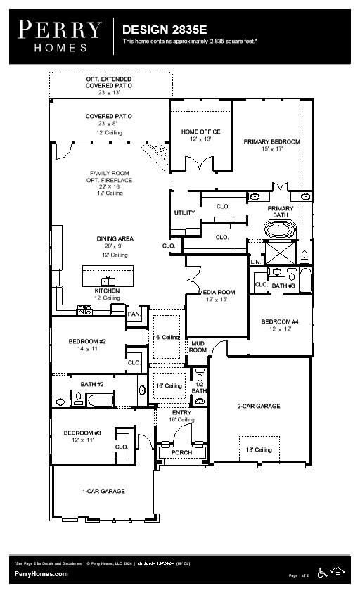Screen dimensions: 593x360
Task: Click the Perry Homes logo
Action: (60, 35)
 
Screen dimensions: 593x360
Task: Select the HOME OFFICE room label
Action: (200, 132)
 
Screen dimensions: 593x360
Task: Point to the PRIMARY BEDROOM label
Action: (271, 141)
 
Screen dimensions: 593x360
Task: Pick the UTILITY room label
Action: (185, 212)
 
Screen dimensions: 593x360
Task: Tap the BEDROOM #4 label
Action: (280, 322)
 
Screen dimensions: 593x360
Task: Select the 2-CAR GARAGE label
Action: (258, 406)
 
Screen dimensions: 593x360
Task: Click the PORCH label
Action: (181, 452)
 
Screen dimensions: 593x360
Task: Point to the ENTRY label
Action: (181, 412)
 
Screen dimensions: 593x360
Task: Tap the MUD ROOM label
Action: (198, 346)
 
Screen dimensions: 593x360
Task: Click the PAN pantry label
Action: (134, 314)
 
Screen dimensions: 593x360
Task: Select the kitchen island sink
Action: (108, 280)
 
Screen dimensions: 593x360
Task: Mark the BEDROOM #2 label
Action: (86, 342)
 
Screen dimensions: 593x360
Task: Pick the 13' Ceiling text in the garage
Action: (259, 449)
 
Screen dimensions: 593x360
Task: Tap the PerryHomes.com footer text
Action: (41, 574)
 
